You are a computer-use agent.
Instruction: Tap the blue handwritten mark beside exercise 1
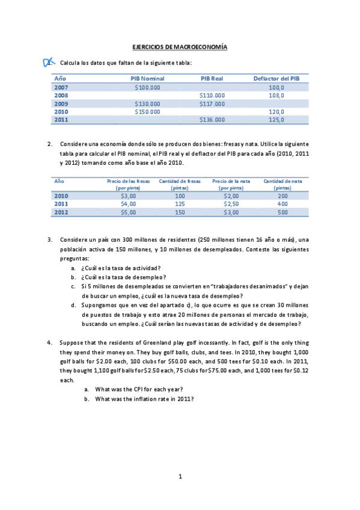point(49,62)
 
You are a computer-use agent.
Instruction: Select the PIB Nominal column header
point(147,78)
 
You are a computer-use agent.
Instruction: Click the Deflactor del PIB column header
point(276,78)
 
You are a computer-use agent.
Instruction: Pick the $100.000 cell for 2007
point(147,87)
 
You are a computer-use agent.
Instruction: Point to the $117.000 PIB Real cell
point(212,103)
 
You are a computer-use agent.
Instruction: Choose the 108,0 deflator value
point(276,95)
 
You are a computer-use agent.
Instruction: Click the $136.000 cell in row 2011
point(212,120)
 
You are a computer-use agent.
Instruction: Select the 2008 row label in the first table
point(61,95)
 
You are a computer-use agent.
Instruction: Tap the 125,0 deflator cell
point(276,120)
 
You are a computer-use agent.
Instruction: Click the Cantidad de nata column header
point(282,184)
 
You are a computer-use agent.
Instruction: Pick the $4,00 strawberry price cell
point(129,204)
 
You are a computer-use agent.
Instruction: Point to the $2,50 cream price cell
point(231,204)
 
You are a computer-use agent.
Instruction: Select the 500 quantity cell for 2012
point(282,212)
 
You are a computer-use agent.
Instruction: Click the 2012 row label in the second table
point(61,212)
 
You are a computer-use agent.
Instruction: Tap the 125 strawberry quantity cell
point(180,204)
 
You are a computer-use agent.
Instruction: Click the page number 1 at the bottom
point(180,476)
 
